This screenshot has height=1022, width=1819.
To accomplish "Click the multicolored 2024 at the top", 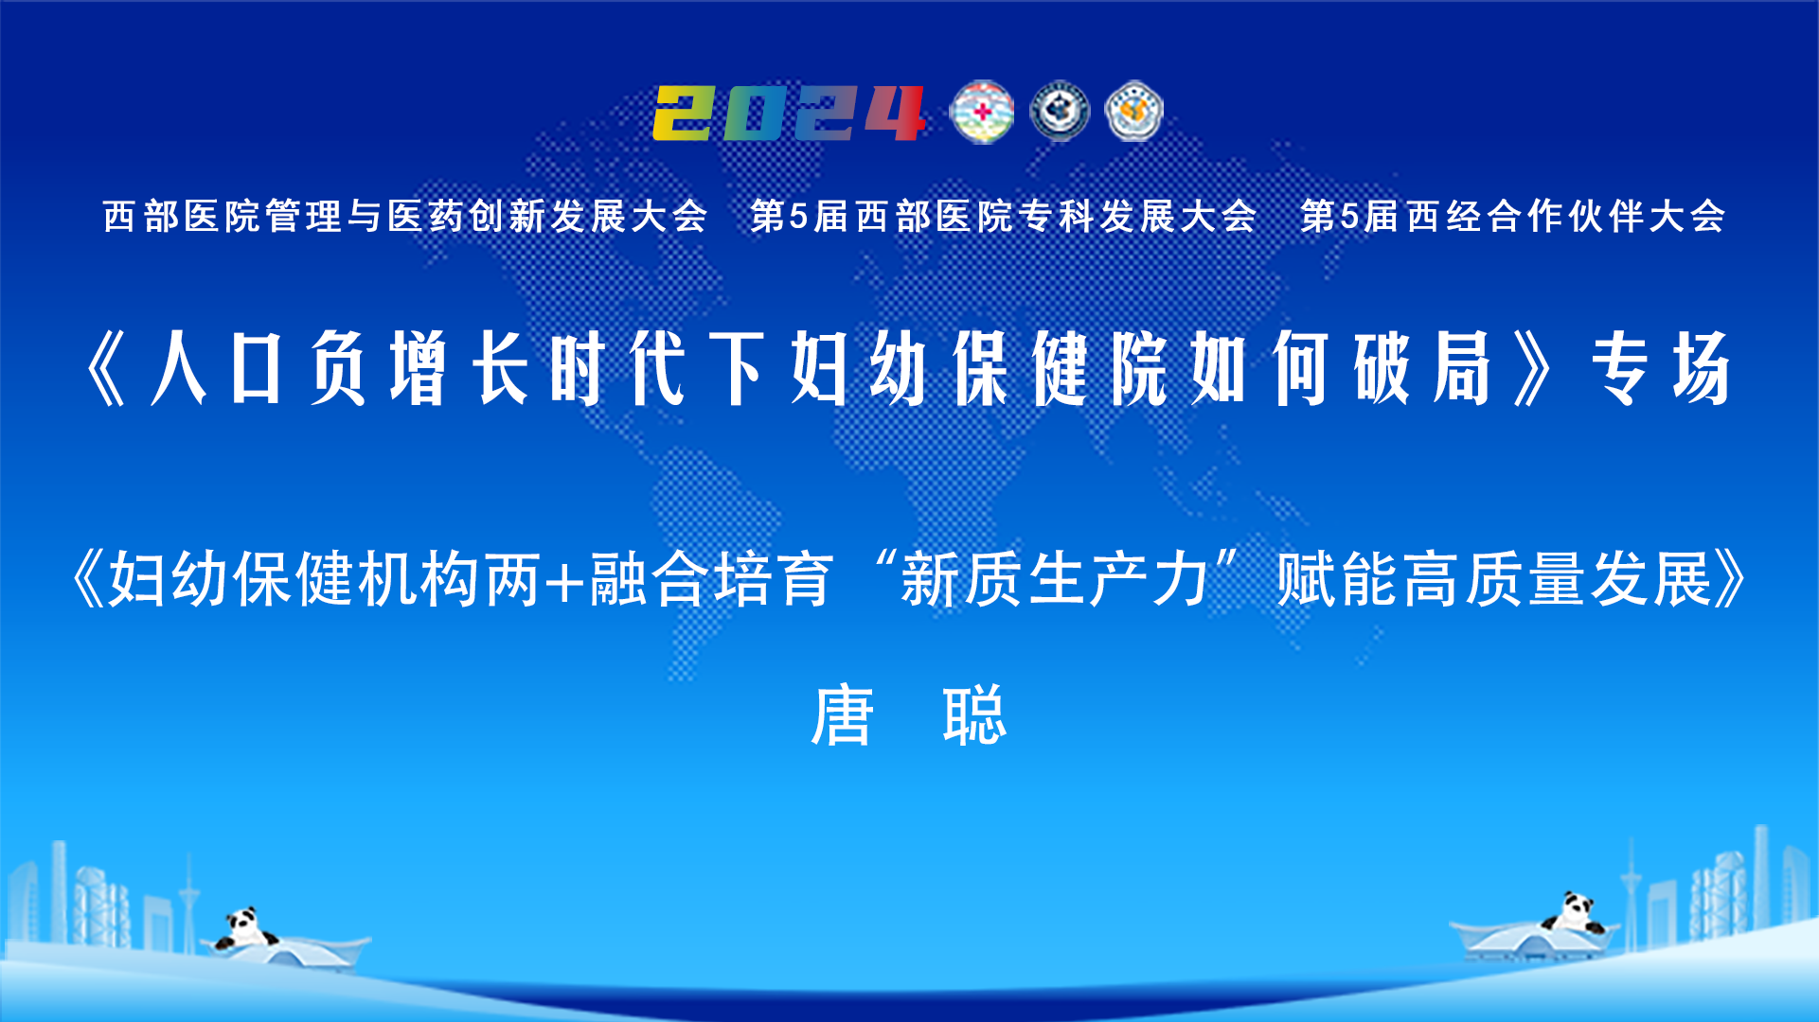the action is click(789, 114).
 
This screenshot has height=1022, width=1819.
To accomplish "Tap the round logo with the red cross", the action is click(982, 113).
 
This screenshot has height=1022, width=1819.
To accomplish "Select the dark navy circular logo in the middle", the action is click(1060, 112).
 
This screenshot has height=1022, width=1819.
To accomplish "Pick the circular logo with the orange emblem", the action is click(1134, 112).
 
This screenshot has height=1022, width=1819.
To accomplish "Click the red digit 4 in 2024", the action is click(894, 114).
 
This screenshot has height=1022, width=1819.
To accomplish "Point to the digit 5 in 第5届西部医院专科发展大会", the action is click(798, 217).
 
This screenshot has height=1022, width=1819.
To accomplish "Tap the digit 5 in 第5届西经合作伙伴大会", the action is click(1348, 217).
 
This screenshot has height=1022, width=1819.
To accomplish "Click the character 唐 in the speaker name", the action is click(842, 715).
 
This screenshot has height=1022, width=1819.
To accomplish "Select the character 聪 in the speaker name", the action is click(974, 715).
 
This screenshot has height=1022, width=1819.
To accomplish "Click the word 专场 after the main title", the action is click(1662, 369).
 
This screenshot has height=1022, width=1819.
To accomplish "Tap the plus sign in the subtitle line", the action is click(565, 580).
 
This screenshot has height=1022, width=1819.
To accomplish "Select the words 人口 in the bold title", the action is click(216, 369).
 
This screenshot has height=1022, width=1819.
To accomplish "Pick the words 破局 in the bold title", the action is click(1422, 369).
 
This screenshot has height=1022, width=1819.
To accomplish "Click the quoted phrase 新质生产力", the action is click(1054, 579).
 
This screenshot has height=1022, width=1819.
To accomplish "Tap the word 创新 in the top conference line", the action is click(489, 217).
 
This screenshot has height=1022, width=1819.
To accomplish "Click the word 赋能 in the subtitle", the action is click(1338, 579).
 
